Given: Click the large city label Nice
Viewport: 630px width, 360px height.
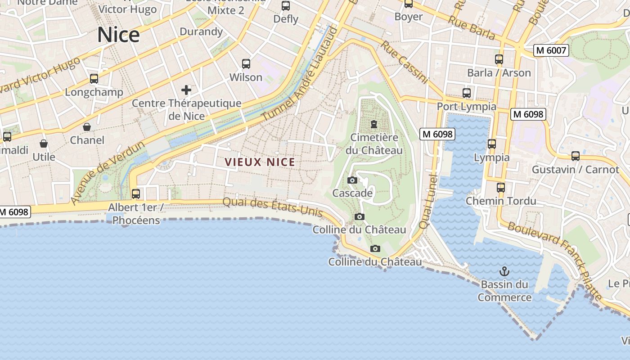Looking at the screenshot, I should pos(118,35).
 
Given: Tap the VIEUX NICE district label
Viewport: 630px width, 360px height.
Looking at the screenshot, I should pos(260,162).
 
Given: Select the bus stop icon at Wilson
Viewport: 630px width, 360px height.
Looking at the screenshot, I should pos(246,64).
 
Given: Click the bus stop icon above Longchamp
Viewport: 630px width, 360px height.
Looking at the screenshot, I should pos(94,79).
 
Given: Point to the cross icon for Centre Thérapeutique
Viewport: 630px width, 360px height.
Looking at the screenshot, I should pos(186,90).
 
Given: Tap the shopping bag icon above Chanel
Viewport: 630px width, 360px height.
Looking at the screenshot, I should pos(87,127).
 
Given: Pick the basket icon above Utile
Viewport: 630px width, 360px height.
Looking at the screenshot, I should pos(44,144).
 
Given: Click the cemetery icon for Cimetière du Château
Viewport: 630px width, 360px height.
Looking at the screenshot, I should pos(373,124).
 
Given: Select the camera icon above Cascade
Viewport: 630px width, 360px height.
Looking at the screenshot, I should pos(352,180).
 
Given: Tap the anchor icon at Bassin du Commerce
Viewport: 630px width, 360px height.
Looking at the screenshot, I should pos(504,271).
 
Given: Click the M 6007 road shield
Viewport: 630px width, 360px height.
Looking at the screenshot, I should pos(551,50).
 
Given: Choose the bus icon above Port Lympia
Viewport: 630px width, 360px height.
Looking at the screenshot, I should pos(467,93).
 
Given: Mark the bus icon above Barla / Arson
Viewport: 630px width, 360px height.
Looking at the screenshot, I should pos(499,59).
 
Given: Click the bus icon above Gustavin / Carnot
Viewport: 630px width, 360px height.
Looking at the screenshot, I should pos(576,156).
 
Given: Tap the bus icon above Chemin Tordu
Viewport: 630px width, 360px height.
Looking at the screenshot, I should pos(501,188).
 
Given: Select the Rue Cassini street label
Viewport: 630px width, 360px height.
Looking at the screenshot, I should pos(404,62).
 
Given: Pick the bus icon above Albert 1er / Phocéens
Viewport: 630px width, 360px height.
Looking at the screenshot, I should pos(135,194).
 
